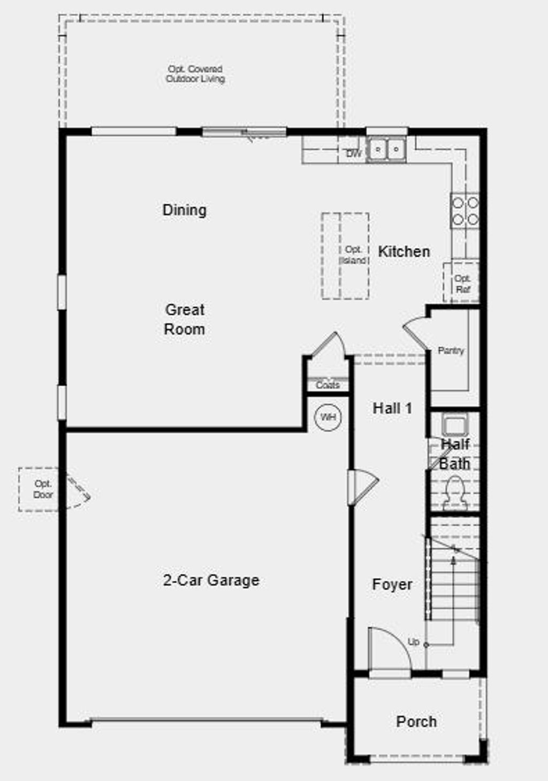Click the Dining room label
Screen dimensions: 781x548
point(185,210)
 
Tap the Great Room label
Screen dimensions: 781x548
point(185,319)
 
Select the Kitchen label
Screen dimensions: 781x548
point(404,251)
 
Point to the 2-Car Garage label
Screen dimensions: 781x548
point(211,580)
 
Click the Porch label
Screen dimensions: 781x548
point(416,722)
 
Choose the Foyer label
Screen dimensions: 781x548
point(392,585)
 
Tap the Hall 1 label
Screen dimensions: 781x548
point(392,409)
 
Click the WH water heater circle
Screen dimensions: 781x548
point(328,417)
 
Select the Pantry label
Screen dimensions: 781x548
point(451,351)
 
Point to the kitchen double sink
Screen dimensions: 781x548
point(386,148)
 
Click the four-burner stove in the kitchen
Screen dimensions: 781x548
point(465,211)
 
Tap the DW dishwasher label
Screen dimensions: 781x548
point(354,154)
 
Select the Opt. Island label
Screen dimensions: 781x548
point(353,255)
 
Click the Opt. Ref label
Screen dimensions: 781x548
point(462,284)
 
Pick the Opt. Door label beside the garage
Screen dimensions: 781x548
point(43,489)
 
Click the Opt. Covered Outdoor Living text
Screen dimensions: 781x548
point(195,74)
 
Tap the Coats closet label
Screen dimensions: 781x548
point(328,385)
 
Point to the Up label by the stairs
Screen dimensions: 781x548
point(413,642)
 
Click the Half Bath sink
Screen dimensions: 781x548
point(455,426)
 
